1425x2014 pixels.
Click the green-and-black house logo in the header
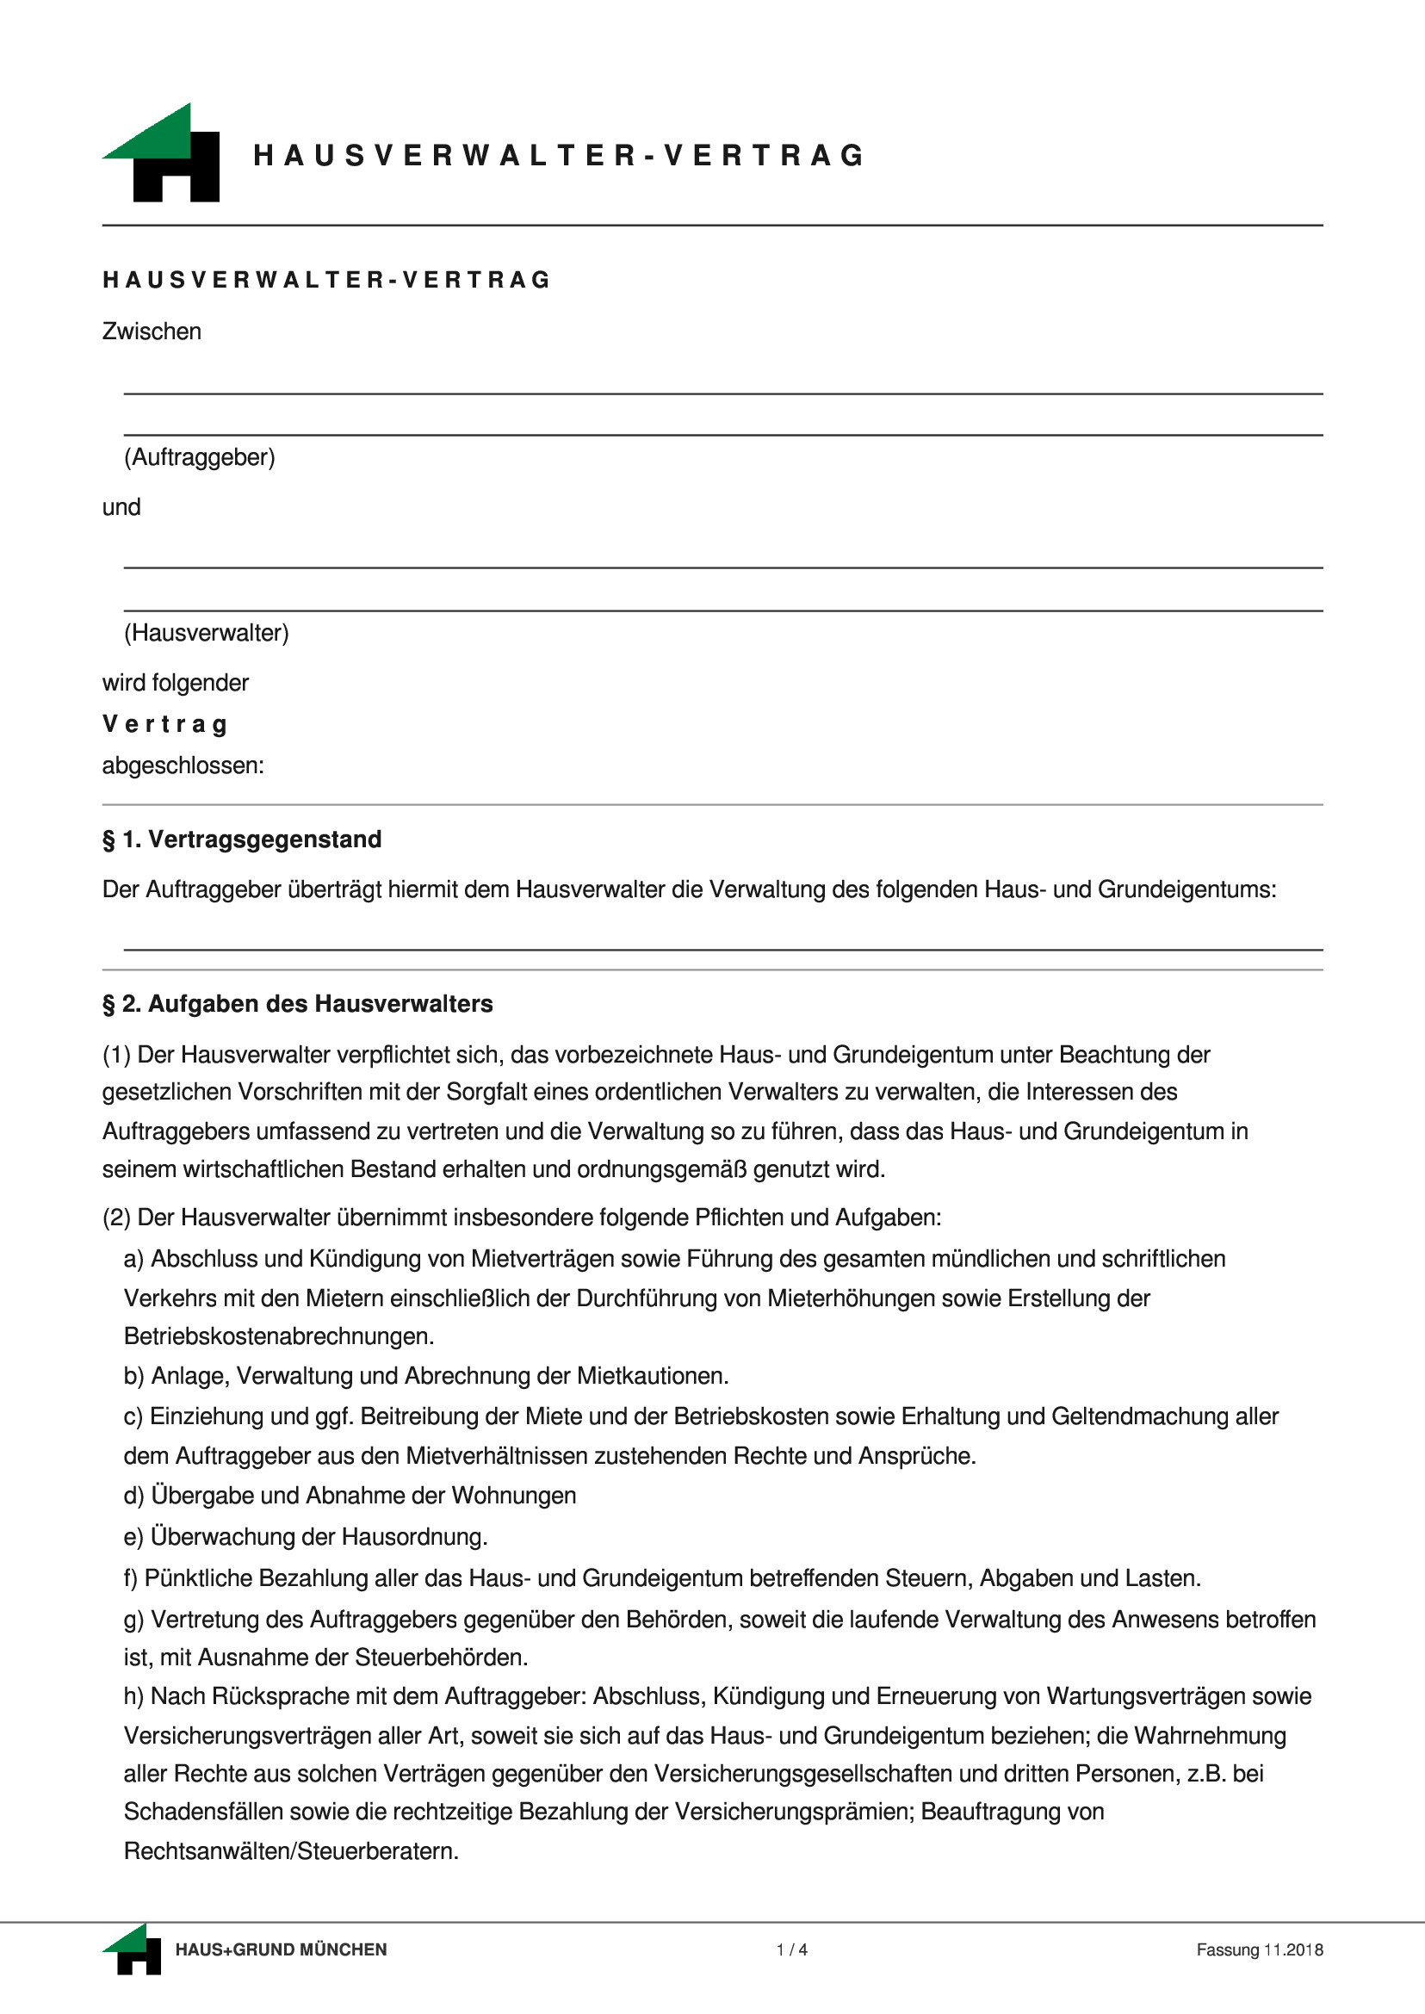click(x=162, y=152)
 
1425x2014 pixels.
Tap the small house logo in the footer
click(x=133, y=1950)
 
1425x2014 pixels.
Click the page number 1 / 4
click(x=791, y=1950)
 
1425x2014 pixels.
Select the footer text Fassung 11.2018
click(x=1259, y=1950)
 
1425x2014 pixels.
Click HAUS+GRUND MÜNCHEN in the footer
click(x=281, y=1950)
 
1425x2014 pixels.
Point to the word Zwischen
click(x=152, y=332)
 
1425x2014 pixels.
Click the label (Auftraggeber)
click(x=199, y=457)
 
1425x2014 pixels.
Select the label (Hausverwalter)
click(x=206, y=633)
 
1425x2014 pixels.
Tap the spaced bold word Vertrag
click(x=165, y=724)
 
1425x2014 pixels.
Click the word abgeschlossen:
click(x=183, y=765)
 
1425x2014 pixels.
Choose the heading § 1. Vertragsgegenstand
click(x=242, y=840)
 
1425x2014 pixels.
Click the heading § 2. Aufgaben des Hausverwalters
click(x=297, y=1004)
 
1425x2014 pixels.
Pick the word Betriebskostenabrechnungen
click(x=278, y=1336)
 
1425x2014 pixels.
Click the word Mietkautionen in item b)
click(x=652, y=1376)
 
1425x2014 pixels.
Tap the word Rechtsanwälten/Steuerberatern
click(x=290, y=1850)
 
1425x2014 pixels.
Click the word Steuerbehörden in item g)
click(x=442, y=1658)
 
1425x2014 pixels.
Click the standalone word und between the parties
click(x=121, y=507)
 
